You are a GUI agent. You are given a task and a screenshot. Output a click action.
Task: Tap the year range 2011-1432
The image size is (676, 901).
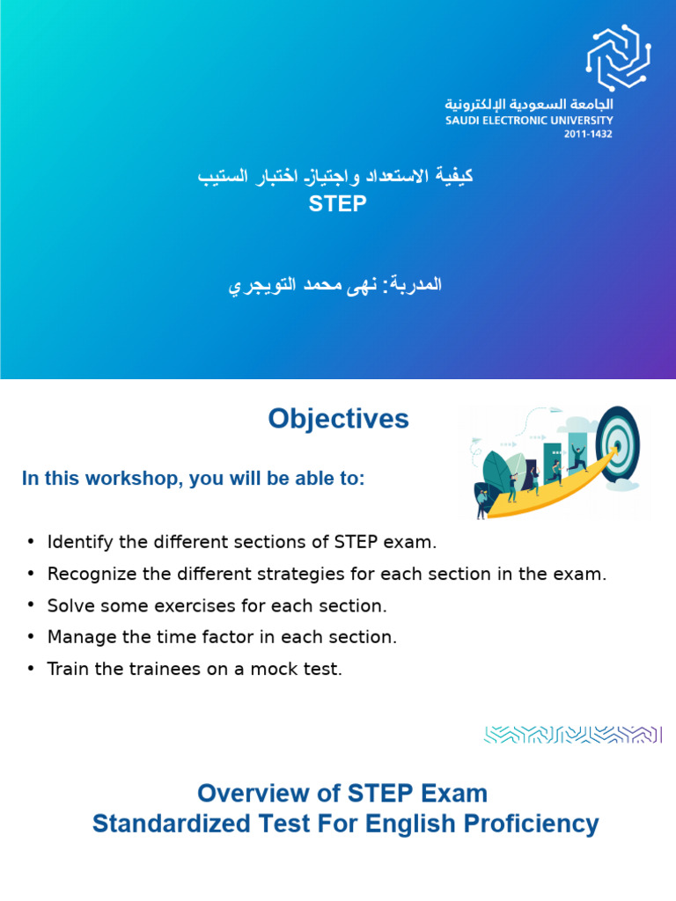(588, 135)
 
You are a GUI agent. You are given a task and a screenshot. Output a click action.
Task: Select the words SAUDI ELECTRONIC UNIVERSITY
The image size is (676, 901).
(529, 121)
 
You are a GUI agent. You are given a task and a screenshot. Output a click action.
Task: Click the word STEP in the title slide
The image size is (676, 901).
(337, 204)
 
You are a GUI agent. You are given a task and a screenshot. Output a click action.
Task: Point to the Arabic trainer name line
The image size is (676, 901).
(335, 285)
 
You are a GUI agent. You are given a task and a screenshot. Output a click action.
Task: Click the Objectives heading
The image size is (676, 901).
(338, 420)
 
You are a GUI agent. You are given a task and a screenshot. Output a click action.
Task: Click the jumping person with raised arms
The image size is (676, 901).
(579, 457)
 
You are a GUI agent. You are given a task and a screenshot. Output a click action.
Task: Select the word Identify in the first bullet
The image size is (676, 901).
(76, 541)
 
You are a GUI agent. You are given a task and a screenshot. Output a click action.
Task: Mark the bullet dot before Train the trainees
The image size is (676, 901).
(31, 670)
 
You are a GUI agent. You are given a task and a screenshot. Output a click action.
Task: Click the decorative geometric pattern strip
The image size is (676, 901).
(572, 734)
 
